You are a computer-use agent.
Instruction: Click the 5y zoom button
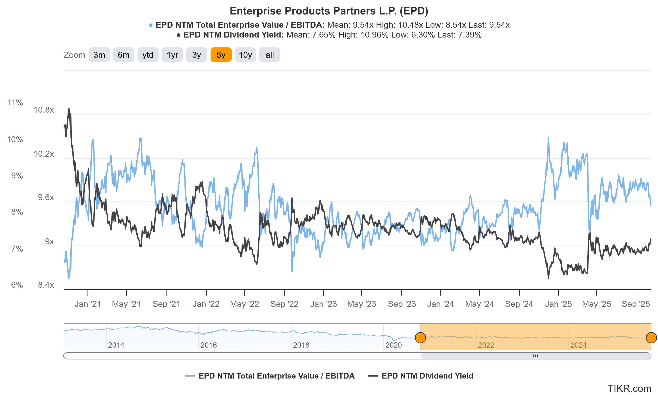click(x=221, y=55)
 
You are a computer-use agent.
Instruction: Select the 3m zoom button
click(x=99, y=55)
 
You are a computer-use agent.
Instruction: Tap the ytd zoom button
click(x=148, y=55)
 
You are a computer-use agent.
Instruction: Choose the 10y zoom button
click(x=245, y=55)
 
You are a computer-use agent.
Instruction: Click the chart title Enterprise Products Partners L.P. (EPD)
click(x=329, y=11)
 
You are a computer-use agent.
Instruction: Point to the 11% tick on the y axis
click(x=15, y=102)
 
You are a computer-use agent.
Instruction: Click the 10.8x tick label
click(x=44, y=110)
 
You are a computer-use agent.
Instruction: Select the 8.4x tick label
click(x=46, y=285)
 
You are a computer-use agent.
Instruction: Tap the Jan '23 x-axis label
click(x=324, y=304)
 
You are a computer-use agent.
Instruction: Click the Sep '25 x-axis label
click(x=636, y=304)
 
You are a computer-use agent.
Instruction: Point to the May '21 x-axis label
click(x=126, y=304)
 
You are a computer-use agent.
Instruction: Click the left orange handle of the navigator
click(x=420, y=338)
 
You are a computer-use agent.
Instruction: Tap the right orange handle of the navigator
click(x=651, y=338)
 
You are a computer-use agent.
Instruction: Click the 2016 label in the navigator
click(x=209, y=345)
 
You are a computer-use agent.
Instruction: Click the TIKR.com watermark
click(x=629, y=388)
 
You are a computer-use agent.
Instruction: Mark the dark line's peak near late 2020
click(x=69, y=108)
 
